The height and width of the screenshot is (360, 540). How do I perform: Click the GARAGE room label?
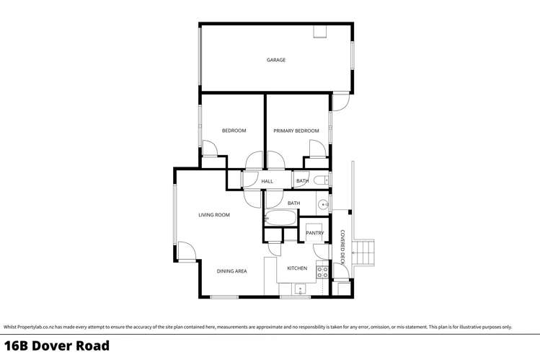point(275,60)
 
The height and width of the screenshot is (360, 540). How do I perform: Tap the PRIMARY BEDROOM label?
point(296,131)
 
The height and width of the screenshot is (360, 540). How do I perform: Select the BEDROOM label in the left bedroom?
point(234,131)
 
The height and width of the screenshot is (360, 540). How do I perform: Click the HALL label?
point(267,181)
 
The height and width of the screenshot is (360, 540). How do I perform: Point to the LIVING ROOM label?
point(214,215)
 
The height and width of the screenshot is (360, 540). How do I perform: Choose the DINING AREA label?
point(232,271)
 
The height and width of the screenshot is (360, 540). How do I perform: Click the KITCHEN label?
point(297,268)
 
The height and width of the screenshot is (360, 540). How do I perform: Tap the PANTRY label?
point(314,233)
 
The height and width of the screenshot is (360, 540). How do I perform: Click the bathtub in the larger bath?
point(279,219)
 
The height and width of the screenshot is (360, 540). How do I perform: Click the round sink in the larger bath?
point(324,205)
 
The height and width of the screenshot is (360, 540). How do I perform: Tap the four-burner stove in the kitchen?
point(323,273)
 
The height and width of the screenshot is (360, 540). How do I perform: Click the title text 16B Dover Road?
point(57,346)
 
